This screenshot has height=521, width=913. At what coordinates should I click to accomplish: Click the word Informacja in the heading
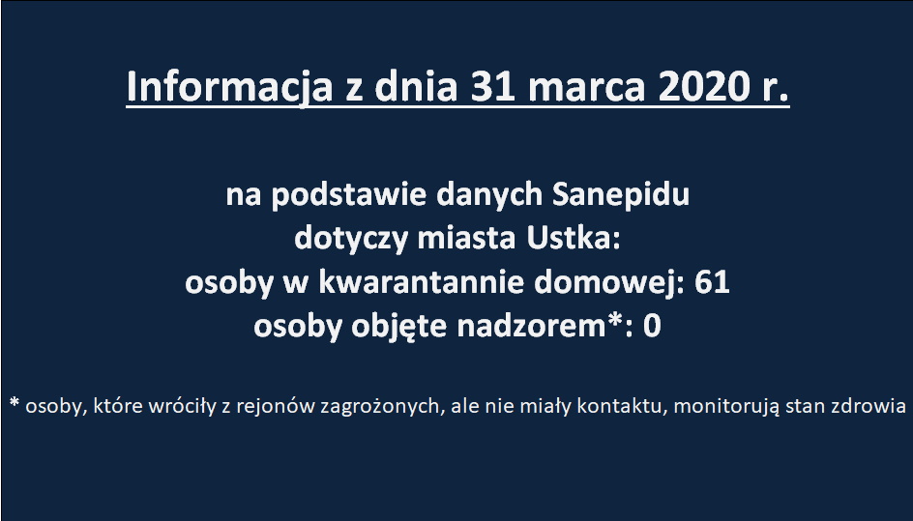(229, 87)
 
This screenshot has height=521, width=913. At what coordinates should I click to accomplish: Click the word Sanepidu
(621, 194)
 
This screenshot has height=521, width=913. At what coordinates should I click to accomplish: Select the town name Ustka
(574, 238)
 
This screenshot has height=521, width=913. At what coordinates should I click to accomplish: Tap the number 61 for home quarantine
(712, 282)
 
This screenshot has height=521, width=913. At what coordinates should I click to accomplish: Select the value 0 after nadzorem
(652, 326)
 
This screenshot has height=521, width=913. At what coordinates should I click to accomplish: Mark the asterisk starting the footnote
(15, 402)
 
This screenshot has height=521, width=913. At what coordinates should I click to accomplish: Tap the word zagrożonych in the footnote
(382, 407)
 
